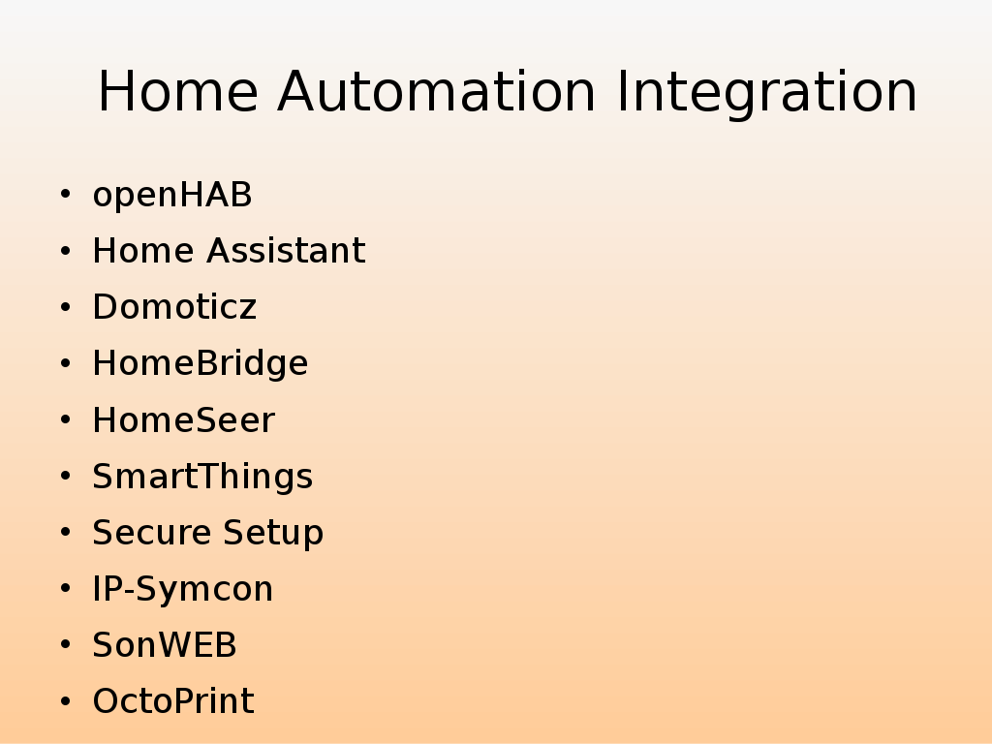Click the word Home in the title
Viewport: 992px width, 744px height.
(178, 92)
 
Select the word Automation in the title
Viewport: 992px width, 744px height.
(437, 92)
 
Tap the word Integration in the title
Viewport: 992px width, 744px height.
(767, 94)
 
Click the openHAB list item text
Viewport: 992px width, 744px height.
(172, 195)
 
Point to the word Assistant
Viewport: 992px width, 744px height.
(286, 251)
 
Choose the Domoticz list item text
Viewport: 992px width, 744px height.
(174, 307)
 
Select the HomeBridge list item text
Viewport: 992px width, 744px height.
(200, 364)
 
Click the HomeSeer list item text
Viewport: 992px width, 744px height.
(183, 420)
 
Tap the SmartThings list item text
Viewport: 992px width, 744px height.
(202, 477)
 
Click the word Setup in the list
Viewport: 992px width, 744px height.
(273, 534)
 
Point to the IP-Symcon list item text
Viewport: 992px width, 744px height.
(182, 590)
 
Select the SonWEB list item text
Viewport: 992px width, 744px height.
(165, 645)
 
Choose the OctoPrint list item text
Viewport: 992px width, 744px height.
(173, 701)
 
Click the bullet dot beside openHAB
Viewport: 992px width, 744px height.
(65, 194)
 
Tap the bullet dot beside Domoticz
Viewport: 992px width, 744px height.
(65, 307)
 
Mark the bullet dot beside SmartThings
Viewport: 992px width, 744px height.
(65, 476)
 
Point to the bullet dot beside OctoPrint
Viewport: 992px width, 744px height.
(65, 701)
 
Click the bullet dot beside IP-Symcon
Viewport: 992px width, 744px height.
(65, 588)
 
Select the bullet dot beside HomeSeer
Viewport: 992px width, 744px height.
(65, 419)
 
